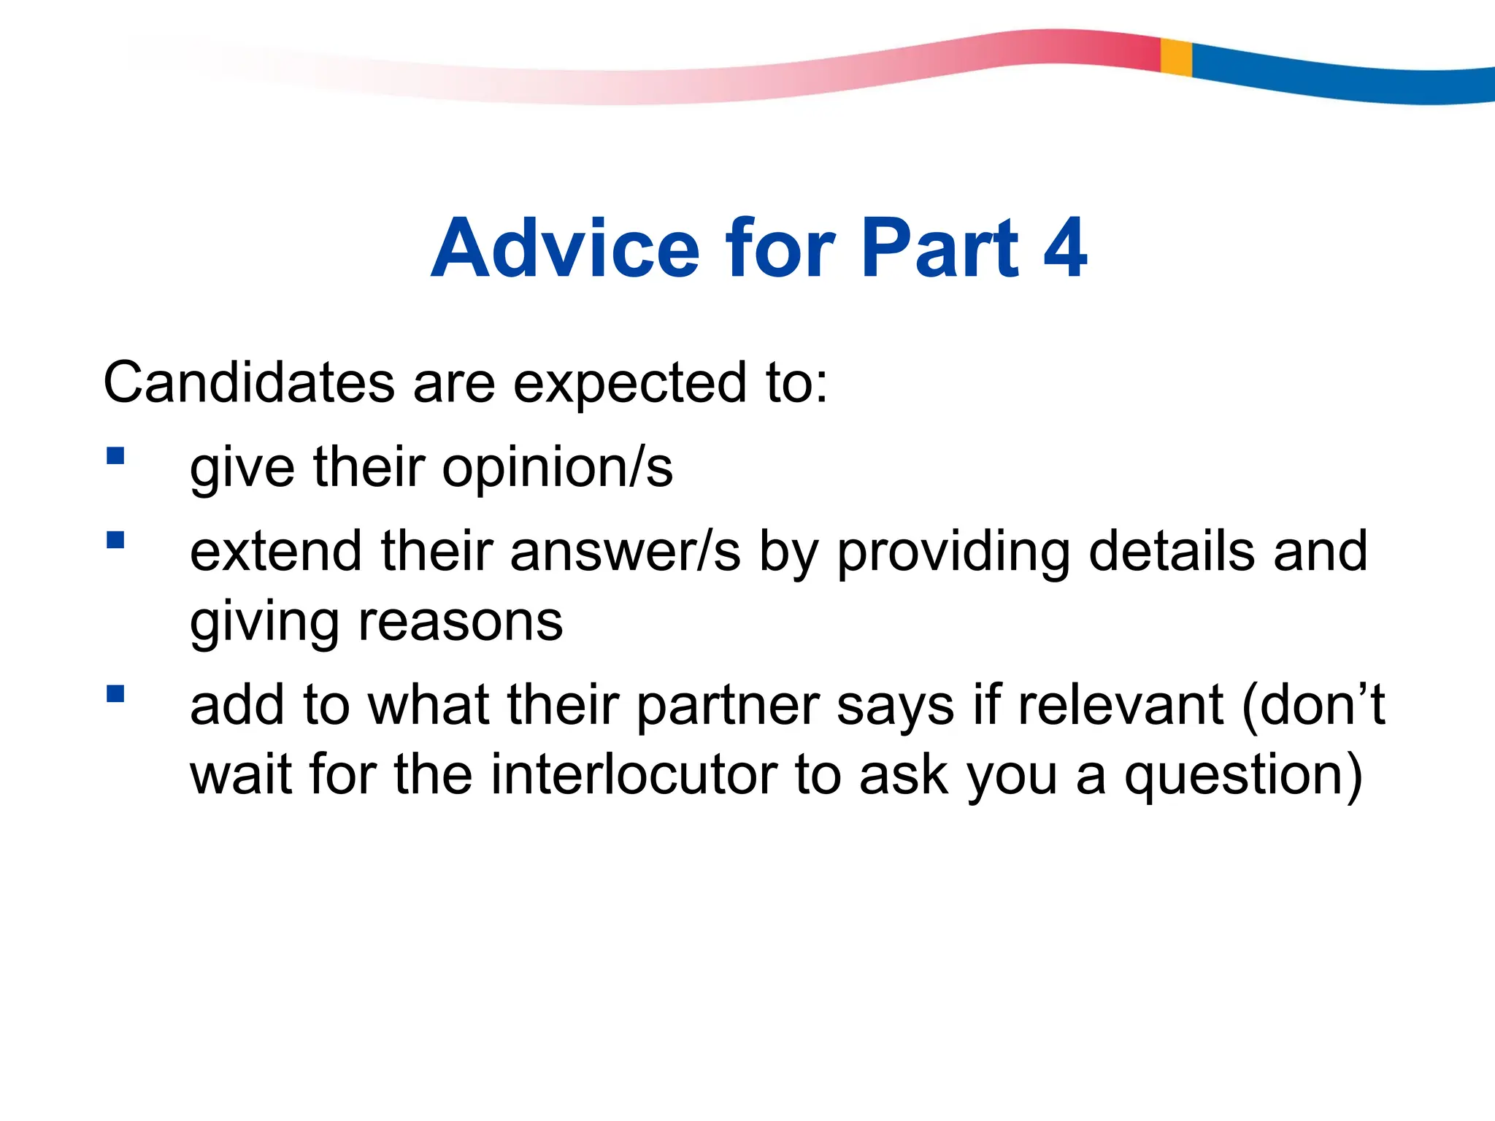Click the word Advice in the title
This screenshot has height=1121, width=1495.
[x=566, y=249]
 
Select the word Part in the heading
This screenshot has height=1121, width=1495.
[x=939, y=249]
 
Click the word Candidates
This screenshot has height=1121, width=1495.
[x=248, y=382]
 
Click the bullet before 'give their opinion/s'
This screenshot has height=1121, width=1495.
[x=115, y=456]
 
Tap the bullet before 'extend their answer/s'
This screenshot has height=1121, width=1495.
[x=115, y=539]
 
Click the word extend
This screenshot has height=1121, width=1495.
[x=276, y=551]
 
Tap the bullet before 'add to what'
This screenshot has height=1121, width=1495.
[x=115, y=693]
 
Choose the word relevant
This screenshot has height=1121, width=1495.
[x=1120, y=705]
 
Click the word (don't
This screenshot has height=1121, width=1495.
[x=1313, y=705]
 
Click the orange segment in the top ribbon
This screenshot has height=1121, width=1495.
[x=1176, y=57]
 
